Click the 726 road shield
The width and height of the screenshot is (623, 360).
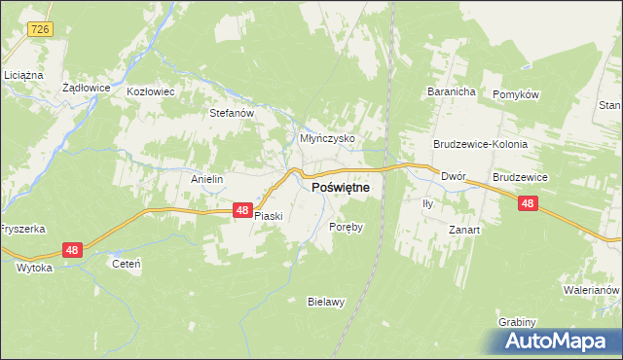tap(39, 30)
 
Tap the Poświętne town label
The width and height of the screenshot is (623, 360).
tap(340, 191)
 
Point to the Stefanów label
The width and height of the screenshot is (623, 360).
tap(233, 113)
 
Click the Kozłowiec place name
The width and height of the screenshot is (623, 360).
tap(151, 92)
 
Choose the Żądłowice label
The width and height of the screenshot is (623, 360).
tap(85, 87)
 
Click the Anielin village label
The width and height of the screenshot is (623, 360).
tap(207, 180)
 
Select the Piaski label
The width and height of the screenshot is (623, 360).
tap(268, 216)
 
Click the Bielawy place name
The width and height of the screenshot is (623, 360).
tap(326, 302)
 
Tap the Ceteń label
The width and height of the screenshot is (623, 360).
tap(128, 264)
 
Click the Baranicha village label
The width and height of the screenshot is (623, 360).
tap(450, 92)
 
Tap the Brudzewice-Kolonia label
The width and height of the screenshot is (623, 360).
tap(480, 144)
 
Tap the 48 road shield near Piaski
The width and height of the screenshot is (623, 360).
tap(242, 209)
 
